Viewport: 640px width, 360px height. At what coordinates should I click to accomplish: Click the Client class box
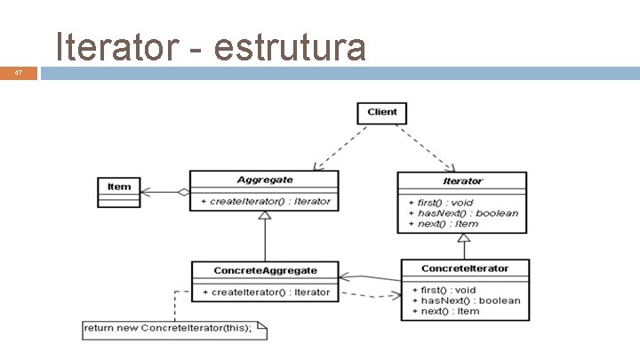point(382,112)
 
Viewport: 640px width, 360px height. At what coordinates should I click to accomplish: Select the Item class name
point(119,187)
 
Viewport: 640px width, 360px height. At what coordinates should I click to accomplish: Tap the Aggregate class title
point(263,180)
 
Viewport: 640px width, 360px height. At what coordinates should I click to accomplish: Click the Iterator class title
point(462,181)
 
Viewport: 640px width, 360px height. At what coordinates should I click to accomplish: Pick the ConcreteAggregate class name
point(265,270)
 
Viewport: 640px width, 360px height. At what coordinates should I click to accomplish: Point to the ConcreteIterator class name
point(465,268)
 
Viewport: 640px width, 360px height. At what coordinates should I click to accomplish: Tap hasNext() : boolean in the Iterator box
point(463,213)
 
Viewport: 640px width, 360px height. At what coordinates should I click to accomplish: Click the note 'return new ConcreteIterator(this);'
point(169,329)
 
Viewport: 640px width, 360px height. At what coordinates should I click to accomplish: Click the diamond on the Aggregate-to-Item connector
point(182,192)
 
